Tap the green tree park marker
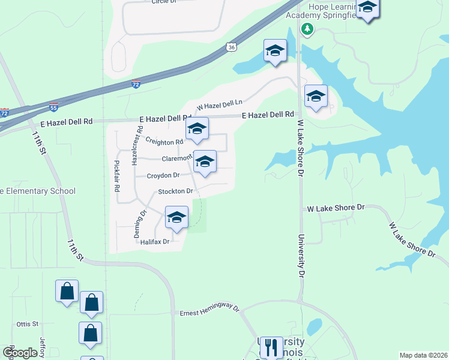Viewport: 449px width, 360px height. point(307,28)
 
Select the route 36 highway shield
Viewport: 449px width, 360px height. point(232,46)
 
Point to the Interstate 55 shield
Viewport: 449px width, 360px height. point(53,109)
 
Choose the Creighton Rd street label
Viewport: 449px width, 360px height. point(164,142)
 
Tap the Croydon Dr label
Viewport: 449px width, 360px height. point(164,175)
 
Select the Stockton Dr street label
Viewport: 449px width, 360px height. point(175,191)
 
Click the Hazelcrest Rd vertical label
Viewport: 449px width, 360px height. point(140,138)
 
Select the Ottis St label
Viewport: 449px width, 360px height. point(27,324)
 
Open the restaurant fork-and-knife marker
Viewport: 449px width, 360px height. point(271,346)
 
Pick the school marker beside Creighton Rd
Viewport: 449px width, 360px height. point(197,129)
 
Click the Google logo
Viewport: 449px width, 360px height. point(20,353)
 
